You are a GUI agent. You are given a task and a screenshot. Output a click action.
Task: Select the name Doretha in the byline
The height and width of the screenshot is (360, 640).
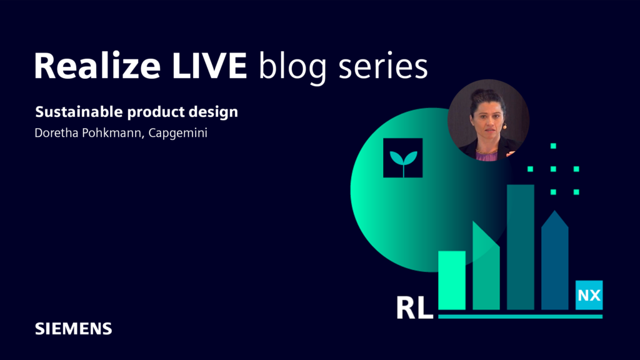(57, 133)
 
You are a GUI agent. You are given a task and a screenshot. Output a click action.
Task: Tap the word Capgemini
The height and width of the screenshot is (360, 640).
(177, 134)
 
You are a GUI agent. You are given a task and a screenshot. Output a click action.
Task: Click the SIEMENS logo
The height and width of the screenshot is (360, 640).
(73, 328)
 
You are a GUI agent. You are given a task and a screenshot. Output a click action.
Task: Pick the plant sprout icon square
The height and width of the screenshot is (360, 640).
(402, 158)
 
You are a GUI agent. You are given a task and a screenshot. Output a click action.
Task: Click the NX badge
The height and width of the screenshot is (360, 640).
(589, 296)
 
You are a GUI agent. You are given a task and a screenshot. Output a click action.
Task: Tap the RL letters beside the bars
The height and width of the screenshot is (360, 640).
(414, 307)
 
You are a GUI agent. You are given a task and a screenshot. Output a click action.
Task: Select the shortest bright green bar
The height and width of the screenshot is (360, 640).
(452, 281)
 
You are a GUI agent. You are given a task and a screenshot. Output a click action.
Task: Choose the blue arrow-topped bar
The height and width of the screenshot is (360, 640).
(554, 262)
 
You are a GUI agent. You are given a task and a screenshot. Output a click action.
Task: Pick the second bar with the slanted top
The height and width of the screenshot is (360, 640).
(486, 269)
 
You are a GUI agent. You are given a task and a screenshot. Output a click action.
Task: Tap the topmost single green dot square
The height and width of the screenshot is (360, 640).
(553, 146)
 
